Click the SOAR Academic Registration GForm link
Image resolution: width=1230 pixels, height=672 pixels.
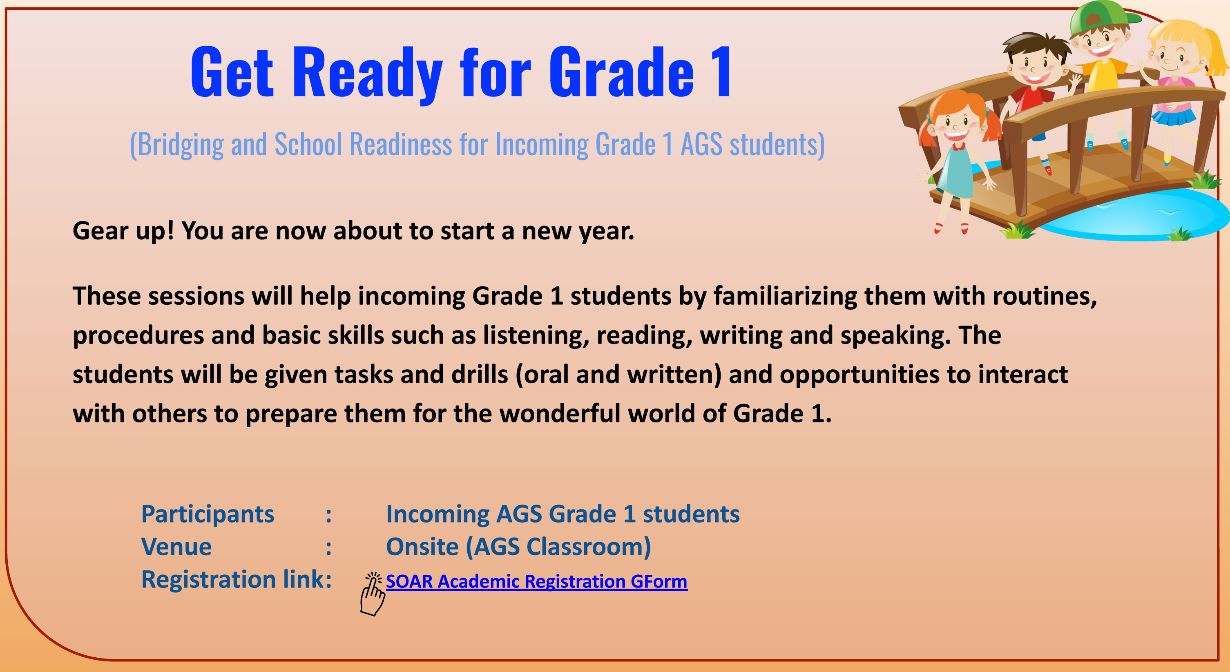click(x=536, y=581)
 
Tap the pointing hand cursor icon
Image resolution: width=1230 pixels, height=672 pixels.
click(x=372, y=594)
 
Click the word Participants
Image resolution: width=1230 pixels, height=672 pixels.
click(x=208, y=515)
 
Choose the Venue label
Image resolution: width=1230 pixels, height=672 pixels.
click(x=176, y=547)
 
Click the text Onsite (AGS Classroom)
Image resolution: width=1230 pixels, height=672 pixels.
click(x=518, y=547)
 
